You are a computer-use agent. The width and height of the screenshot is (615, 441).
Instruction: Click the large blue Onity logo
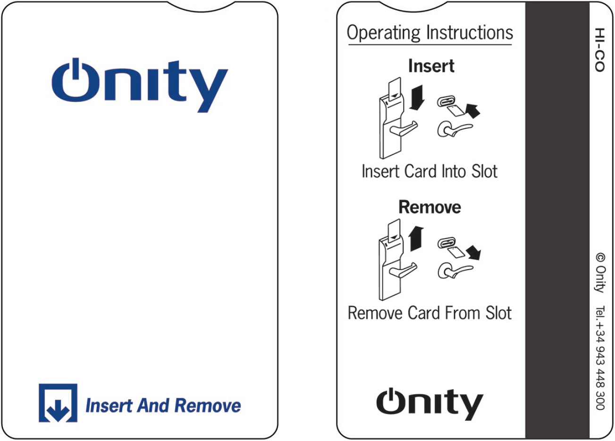tap(140, 85)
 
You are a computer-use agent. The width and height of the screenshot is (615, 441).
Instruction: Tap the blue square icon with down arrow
tap(58, 403)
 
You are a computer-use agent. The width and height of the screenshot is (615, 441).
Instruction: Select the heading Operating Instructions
tap(430, 33)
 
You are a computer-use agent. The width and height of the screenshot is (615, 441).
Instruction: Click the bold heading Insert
tap(431, 66)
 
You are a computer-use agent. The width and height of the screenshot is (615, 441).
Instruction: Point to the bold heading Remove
tap(430, 207)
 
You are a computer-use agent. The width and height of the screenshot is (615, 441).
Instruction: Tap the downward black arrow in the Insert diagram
tap(417, 97)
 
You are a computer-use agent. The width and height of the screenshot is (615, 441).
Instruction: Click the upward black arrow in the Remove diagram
tap(416, 238)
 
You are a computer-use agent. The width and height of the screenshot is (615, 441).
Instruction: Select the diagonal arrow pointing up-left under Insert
tap(473, 111)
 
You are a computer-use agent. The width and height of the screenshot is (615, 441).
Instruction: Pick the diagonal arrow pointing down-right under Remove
tap(474, 253)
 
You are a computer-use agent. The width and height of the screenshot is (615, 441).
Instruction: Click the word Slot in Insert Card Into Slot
tap(484, 171)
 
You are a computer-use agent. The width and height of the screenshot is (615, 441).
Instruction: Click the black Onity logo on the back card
tap(430, 404)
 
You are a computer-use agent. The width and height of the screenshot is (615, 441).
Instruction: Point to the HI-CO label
tap(599, 50)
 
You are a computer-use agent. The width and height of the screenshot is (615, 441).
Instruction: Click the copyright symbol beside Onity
tap(600, 258)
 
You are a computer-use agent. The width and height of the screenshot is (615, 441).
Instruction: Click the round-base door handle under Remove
tap(455, 271)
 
